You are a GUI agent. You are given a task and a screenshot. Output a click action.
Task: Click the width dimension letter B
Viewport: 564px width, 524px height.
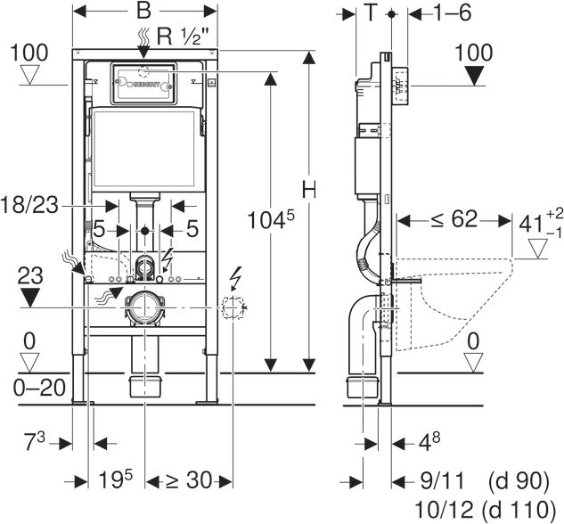pyautogui.click(x=143, y=11)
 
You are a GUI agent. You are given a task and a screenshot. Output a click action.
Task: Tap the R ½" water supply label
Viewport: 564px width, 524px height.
pyautogui.click(x=183, y=36)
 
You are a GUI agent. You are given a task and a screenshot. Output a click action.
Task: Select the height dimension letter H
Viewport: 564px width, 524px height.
pyautogui.click(x=308, y=189)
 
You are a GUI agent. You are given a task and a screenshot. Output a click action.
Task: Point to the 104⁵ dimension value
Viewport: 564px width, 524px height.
pyautogui.click(x=271, y=219)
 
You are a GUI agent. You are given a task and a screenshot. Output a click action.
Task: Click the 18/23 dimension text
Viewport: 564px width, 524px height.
pyautogui.click(x=29, y=205)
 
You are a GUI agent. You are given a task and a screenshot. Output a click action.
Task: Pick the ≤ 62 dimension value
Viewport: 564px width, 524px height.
pyautogui.click(x=454, y=219)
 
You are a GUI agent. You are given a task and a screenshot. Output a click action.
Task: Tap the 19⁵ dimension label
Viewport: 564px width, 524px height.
pyautogui.click(x=116, y=479)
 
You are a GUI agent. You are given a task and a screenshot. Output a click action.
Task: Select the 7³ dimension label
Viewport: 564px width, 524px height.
pyautogui.click(x=35, y=441)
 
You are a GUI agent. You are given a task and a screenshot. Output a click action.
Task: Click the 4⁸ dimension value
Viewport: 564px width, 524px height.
pyautogui.click(x=429, y=441)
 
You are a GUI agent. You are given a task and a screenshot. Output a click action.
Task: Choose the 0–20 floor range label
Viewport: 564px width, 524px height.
pyautogui.click(x=39, y=388)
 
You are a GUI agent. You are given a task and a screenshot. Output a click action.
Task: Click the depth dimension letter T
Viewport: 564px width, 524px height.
pyautogui.click(x=370, y=12)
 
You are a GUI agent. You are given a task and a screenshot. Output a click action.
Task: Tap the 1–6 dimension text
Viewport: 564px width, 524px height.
pyautogui.click(x=452, y=13)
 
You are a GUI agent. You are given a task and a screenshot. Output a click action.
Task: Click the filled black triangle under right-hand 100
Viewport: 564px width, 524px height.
pyautogui.click(x=474, y=77)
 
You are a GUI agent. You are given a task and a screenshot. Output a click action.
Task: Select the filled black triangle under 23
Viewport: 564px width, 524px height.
pyautogui.click(x=30, y=298)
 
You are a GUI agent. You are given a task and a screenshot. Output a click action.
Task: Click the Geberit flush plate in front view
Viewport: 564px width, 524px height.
pyautogui.click(x=143, y=84)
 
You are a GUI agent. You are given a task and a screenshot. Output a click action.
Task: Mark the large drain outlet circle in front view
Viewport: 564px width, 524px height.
pyautogui.click(x=144, y=307)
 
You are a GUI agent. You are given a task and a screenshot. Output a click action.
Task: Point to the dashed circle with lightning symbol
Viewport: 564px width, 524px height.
pyautogui.click(x=233, y=307)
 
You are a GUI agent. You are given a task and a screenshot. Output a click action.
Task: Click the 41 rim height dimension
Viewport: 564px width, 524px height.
pyautogui.click(x=541, y=224)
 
